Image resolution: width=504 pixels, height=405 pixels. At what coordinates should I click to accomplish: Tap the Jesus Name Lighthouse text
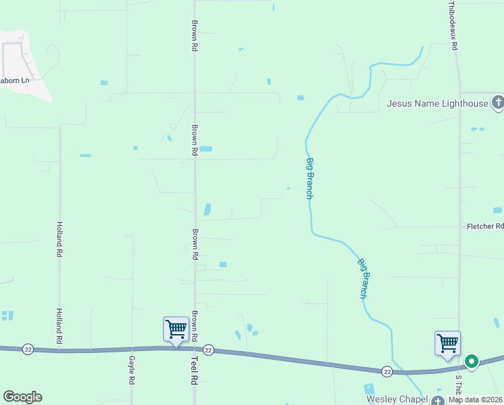point(437,103)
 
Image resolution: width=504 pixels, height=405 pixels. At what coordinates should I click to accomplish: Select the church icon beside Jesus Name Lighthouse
point(498,103)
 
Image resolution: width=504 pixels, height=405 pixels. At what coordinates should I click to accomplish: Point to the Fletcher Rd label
point(485,227)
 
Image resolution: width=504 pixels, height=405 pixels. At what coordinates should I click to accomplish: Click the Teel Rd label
point(193,371)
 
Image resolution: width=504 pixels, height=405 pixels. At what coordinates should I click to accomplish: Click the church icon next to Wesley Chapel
point(439,400)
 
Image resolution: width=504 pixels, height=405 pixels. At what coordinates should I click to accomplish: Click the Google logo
point(22,397)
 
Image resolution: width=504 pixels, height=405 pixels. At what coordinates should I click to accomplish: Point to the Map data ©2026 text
point(475,400)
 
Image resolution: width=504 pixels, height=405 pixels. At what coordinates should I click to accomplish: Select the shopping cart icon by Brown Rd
point(176,329)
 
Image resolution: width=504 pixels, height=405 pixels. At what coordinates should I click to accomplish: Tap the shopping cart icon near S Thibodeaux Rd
point(447,343)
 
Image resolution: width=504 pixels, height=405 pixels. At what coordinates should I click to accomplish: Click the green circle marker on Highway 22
point(472,361)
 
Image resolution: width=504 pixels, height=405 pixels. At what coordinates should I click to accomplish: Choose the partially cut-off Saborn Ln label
point(15,80)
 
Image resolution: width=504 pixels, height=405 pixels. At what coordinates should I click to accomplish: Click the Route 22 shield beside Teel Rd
point(208,350)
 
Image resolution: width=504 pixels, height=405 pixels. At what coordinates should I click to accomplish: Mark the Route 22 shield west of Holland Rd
point(28,348)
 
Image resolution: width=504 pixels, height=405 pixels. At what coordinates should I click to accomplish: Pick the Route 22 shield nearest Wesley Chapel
point(387,371)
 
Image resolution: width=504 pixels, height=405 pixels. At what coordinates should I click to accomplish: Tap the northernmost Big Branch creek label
point(309,178)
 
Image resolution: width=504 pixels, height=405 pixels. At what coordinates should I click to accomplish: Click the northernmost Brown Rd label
point(194,36)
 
